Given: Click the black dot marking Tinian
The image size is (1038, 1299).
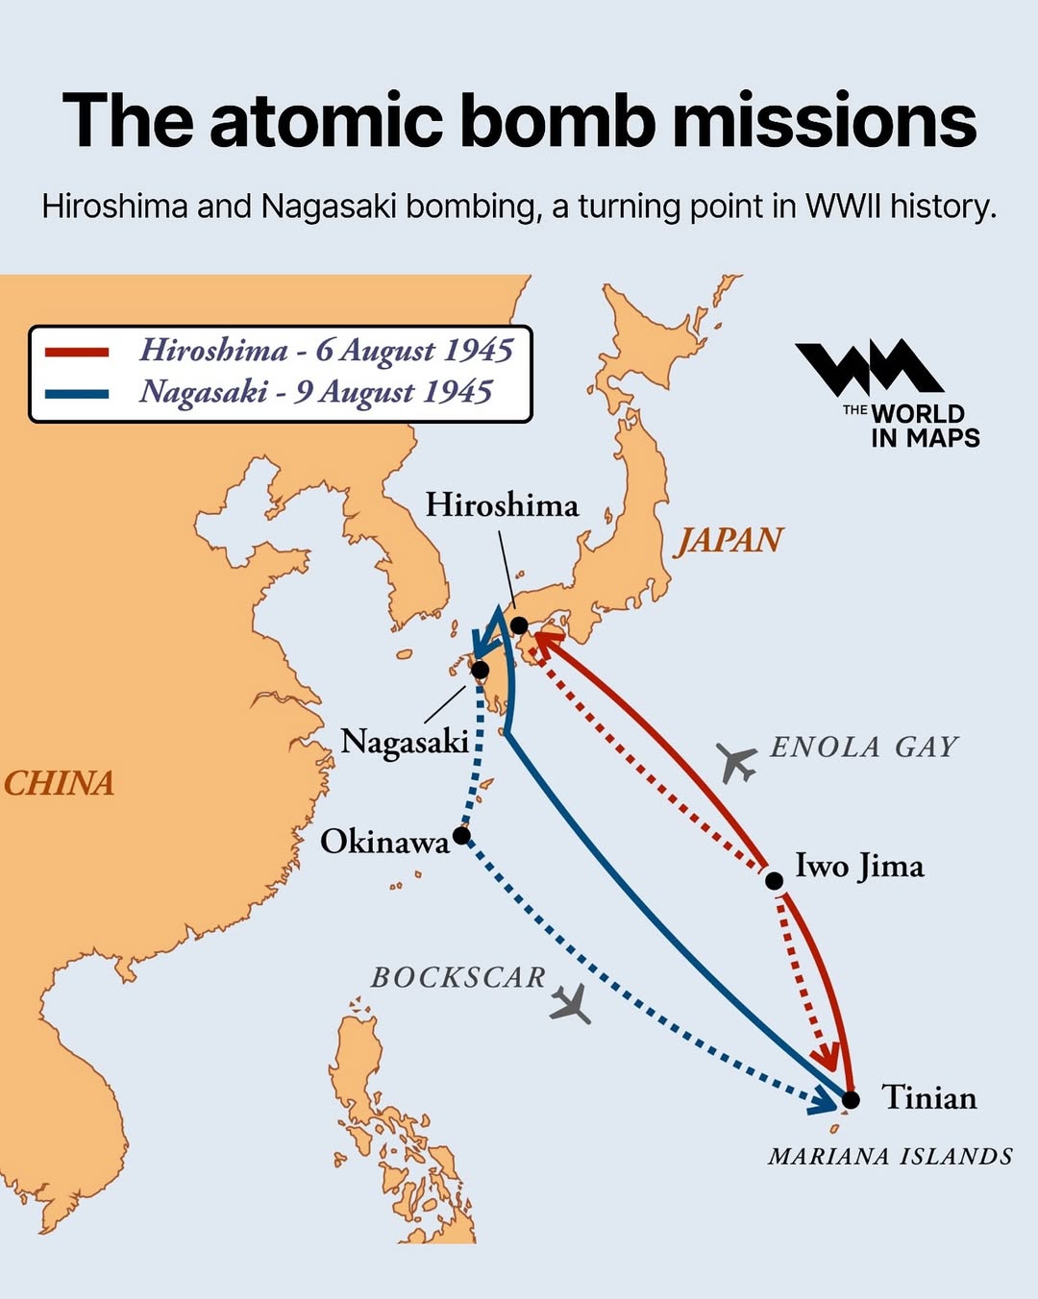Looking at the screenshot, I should click(x=851, y=1098).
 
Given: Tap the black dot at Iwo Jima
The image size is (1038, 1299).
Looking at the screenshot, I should click(x=774, y=879).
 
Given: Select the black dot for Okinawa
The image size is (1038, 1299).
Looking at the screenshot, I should click(x=461, y=835).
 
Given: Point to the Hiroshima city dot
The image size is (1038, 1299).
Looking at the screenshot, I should click(x=519, y=625).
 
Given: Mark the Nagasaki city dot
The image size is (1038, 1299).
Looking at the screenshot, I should click(x=480, y=670).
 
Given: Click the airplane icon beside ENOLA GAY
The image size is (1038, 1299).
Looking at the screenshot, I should click(x=737, y=763).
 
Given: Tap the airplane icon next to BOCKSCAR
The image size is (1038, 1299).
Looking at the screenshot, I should click(x=571, y=1005).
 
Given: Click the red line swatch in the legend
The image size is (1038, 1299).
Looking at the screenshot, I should click(x=77, y=352).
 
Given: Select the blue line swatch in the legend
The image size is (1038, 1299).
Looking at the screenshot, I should click(x=77, y=393).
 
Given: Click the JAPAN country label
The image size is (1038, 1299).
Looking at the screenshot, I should click(x=729, y=541).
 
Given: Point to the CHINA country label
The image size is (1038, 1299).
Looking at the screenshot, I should click(x=59, y=784).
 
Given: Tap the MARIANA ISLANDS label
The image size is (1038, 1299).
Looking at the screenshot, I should click(x=890, y=1157).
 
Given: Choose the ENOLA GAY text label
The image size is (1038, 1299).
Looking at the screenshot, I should click(x=864, y=748).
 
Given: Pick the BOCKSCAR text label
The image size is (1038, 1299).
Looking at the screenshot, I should click(x=458, y=978).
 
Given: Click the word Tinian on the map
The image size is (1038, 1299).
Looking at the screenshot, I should click(x=928, y=1098).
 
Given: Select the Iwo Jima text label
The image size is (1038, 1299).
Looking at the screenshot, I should click(x=859, y=867).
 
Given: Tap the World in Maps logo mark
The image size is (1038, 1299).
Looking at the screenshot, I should click(x=869, y=368).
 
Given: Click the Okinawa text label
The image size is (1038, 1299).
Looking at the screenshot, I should click(x=384, y=843).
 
